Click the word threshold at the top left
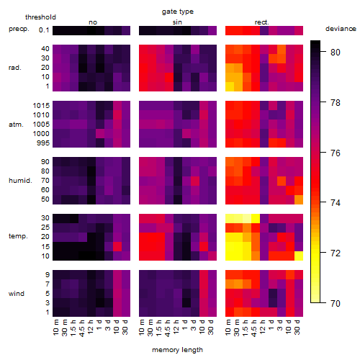[x=40, y=17]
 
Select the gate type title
[x=178, y=12]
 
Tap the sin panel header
[x=177, y=22]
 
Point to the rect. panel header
[x=261, y=22]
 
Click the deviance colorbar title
[x=341, y=29]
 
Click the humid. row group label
[x=20, y=181]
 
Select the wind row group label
[x=17, y=294]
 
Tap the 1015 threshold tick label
[x=41, y=106]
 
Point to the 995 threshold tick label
[x=43, y=143]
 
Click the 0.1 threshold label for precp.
[x=44, y=30]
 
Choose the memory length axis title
[x=177, y=350]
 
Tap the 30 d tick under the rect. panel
[x=297, y=328]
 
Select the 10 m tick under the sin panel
[x=142, y=328]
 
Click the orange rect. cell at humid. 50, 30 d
[x=299, y=199]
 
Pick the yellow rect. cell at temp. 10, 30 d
[x=299, y=256]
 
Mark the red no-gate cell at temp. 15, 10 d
[x=117, y=246]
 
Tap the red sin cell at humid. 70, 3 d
[x=195, y=181]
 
